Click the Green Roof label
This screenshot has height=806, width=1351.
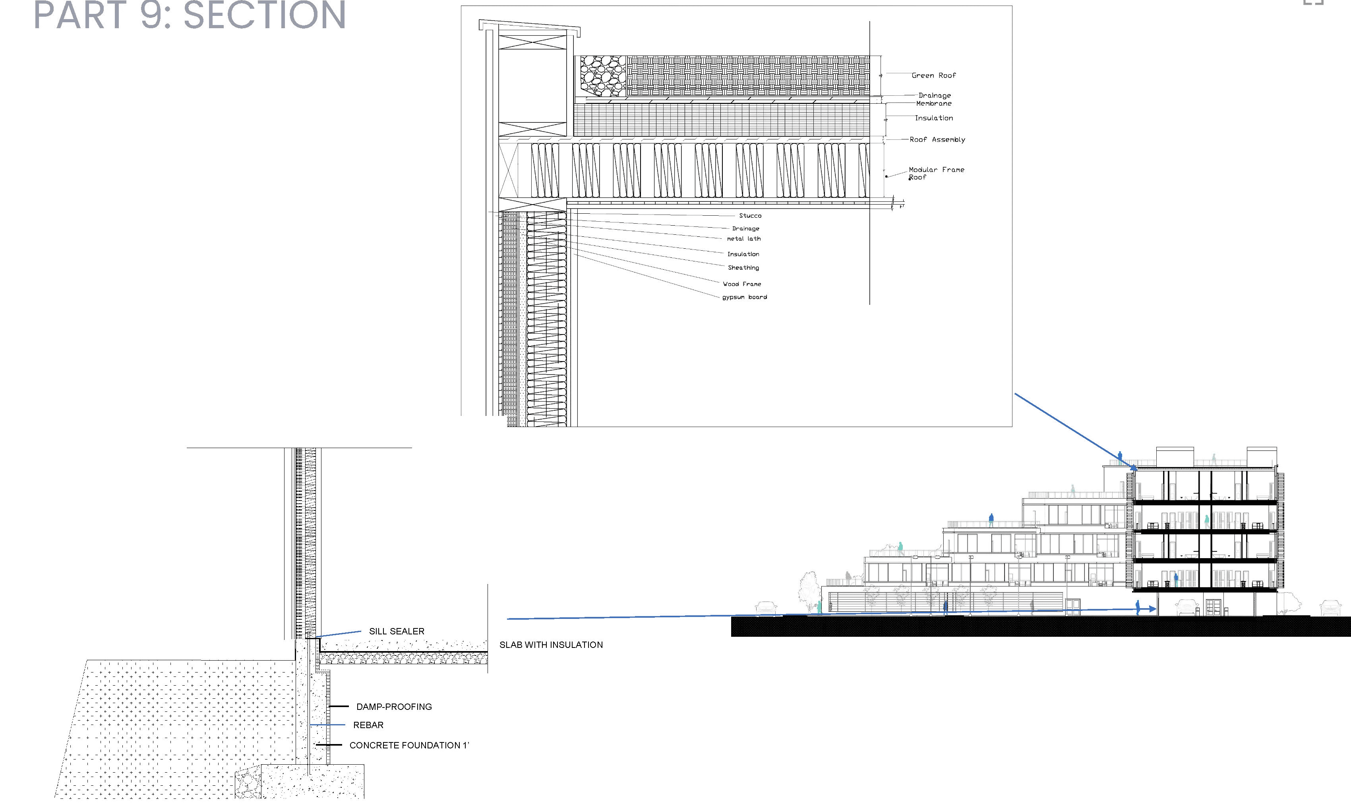[x=933, y=75]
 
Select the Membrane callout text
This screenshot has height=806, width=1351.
[x=934, y=103]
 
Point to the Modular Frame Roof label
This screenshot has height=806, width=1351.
[x=936, y=173]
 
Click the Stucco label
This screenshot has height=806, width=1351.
[x=750, y=216]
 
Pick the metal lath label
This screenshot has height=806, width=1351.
[x=744, y=238]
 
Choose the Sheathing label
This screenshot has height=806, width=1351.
[x=743, y=268]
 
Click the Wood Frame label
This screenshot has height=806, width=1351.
[x=741, y=284]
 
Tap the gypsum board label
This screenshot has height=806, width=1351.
[x=744, y=297]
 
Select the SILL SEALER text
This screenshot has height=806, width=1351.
[x=397, y=631]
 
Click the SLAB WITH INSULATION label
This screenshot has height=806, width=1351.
[x=551, y=645]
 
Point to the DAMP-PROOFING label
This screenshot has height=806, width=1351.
[x=394, y=707]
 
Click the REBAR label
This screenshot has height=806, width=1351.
[x=368, y=725]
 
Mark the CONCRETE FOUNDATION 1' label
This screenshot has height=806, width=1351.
[x=409, y=745]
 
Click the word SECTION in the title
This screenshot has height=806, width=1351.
[x=265, y=15]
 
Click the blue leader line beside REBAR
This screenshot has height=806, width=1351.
[x=327, y=725]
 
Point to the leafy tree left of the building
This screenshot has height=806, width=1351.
[x=809, y=591]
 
